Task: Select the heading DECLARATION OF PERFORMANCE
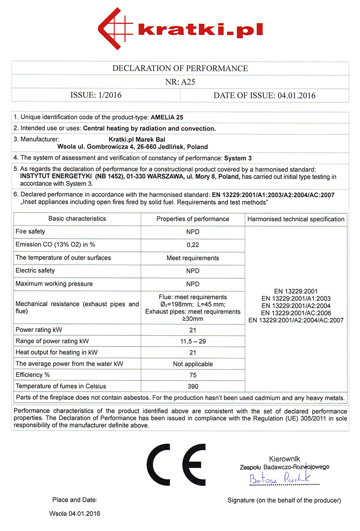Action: pyautogui.click(x=180, y=69)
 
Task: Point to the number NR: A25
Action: pyautogui.click(x=180, y=82)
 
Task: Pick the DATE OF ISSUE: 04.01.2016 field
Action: pyautogui.click(x=264, y=95)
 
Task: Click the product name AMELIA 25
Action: pyautogui.click(x=167, y=118)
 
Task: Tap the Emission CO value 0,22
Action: pyautogui.click(x=193, y=245)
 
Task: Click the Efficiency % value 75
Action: pyautogui.click(x=193, y=374)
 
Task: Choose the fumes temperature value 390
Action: pyautogui.click(x=193, y=386)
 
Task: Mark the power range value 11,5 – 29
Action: pyautogui.click(x=193, y=341)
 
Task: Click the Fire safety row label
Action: pyautogui.click(x=31, y=231)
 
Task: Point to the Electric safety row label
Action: pyautogui.click(x=35, y=271)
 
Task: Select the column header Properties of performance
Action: pyautogui.click(x=193, y=219)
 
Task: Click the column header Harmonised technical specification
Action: pyautogui.click(x=296, y=219)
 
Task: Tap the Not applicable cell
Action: pyautogui.click(x=193, y=364)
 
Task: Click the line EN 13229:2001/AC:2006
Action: pyautogui.click(x=296, y=313)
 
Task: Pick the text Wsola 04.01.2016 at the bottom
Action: pyautogui.click(x=74, y=514)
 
